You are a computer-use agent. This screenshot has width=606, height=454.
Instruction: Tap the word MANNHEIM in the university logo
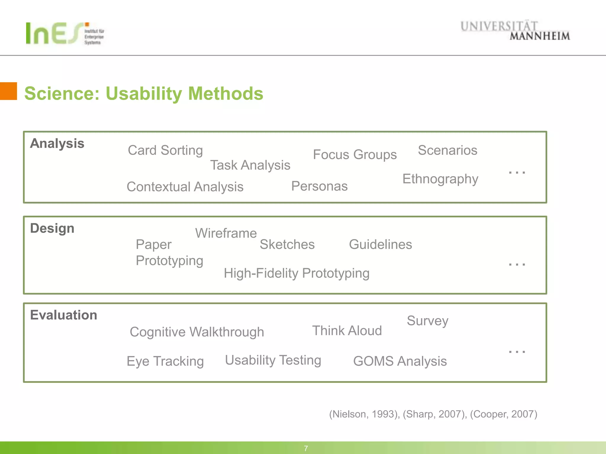point(539,36)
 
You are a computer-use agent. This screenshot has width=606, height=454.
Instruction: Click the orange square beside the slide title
point(8,91)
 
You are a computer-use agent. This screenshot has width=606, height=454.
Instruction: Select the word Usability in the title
point(144,94)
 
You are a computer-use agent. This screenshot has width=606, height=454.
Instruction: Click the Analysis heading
point(57,143)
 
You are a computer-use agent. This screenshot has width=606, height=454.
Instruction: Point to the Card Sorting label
point(165,150)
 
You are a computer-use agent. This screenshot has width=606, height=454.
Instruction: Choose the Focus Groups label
point(354,155)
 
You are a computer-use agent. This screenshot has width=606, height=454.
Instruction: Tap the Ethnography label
point(440,179)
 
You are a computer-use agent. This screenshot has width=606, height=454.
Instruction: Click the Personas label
point(319,186)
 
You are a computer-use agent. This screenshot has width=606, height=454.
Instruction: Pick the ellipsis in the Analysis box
point(517,172)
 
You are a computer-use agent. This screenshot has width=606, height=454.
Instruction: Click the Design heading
point(52,228)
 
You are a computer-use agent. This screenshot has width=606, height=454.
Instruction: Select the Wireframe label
point(226,233)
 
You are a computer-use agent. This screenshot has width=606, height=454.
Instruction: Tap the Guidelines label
point(380,244)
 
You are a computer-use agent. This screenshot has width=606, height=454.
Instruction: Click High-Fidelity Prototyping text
point(296,273)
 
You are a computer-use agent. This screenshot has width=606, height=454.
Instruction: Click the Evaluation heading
point(64,315)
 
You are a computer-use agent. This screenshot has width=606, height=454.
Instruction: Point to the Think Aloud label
point(347,330)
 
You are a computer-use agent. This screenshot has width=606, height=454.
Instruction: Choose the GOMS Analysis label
point(400,361)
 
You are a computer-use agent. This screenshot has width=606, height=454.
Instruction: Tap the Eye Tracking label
point(165,361)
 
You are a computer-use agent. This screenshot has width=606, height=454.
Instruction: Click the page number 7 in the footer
point(306,448)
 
